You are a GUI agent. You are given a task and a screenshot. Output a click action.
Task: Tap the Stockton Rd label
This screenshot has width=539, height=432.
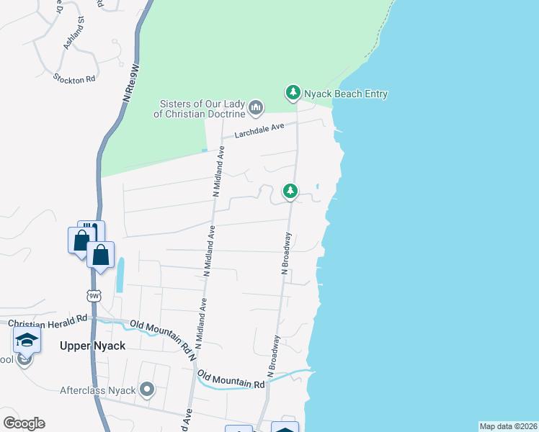click(74, 78)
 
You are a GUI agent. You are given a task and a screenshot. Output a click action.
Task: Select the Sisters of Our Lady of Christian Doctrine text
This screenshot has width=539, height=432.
click(200, 108)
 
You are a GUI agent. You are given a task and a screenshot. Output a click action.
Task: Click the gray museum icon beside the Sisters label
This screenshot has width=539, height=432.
click(256, 108)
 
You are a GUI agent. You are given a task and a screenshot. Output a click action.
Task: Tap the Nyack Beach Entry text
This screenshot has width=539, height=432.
click(346, 94)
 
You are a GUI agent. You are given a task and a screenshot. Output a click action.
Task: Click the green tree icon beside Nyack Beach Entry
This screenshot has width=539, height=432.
click(293, 93)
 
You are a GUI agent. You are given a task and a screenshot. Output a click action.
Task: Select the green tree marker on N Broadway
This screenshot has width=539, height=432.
click(290, 191)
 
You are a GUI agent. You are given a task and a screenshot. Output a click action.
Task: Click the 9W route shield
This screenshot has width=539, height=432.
click(93, 295)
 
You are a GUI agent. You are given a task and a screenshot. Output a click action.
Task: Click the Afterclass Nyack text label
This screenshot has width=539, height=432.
click(98, 390)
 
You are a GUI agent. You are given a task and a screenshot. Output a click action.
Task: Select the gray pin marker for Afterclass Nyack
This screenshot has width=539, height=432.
click(148, 390)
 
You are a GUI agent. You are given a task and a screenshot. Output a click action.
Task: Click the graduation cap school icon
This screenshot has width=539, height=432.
click(27, 340)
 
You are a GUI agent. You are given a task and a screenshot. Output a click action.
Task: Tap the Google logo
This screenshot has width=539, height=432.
click(24, 423)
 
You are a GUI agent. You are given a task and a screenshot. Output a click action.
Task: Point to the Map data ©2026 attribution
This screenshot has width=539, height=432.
click(509, 426)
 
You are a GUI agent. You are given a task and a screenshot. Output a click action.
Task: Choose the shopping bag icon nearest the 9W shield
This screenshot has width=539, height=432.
click(101, 254)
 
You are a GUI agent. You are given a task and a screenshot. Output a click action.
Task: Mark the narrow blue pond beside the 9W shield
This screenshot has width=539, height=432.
click(120, 274)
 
